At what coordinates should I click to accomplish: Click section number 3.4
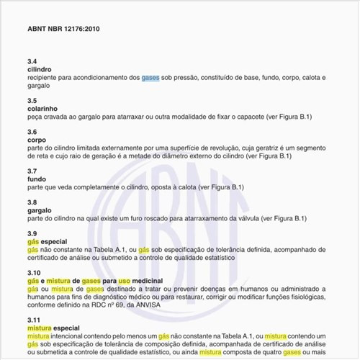pyautogui.click(x=32, y=62)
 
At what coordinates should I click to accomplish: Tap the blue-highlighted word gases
pyautogui.click(x=150, y=77)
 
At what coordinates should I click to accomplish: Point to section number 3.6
pyautogui.click(x=32, y=132)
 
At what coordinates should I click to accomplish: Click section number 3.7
pyautogui.click(x=32, y=171)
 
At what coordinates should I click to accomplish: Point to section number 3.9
pyautogui.click(x=32, y=234)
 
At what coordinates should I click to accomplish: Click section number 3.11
pyautogui.click(x=34, y=319)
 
